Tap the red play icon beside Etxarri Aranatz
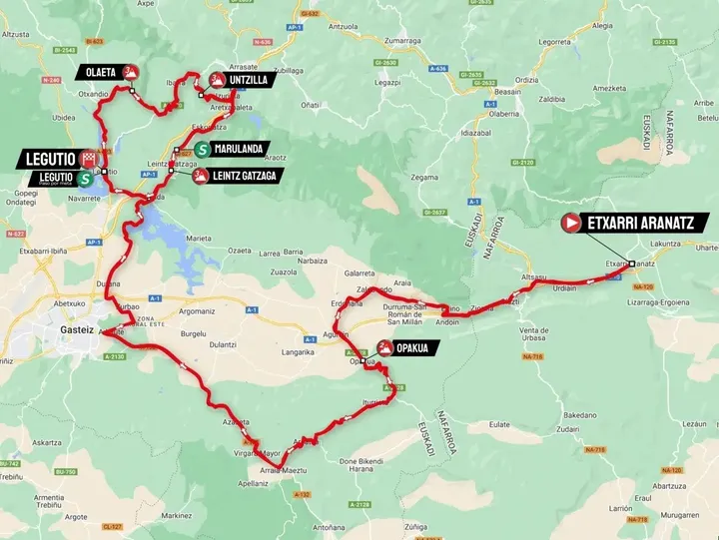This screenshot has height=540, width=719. [x=571, y=224]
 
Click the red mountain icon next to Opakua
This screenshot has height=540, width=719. [x=384, y=348]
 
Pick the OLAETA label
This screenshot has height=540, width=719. [x=101, y=72]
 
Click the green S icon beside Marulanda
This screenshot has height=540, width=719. [x=202, y=150]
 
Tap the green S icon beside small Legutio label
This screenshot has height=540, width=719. [x=86, y=180]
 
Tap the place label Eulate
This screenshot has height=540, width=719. [x=499, y=424]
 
